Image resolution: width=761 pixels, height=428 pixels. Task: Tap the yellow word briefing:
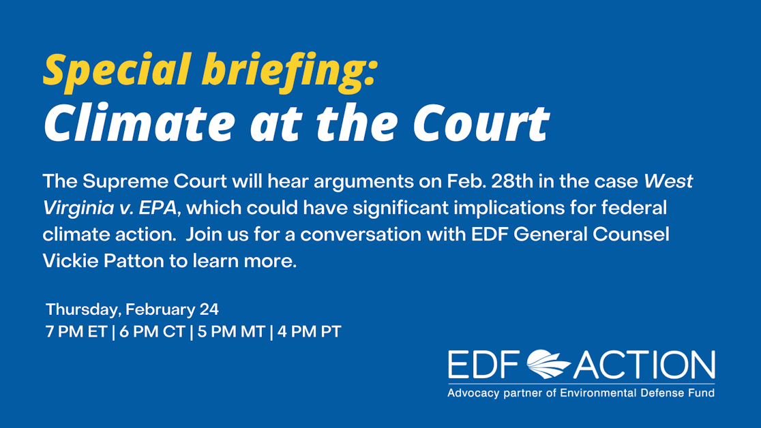tap(282, 71)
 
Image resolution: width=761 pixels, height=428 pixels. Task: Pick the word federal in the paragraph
tap(631, 209)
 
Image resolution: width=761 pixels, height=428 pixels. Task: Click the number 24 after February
tap(209, 309)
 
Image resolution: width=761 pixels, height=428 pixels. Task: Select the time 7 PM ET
tap(76, 333)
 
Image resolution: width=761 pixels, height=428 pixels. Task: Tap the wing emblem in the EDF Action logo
tap(548, 365)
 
